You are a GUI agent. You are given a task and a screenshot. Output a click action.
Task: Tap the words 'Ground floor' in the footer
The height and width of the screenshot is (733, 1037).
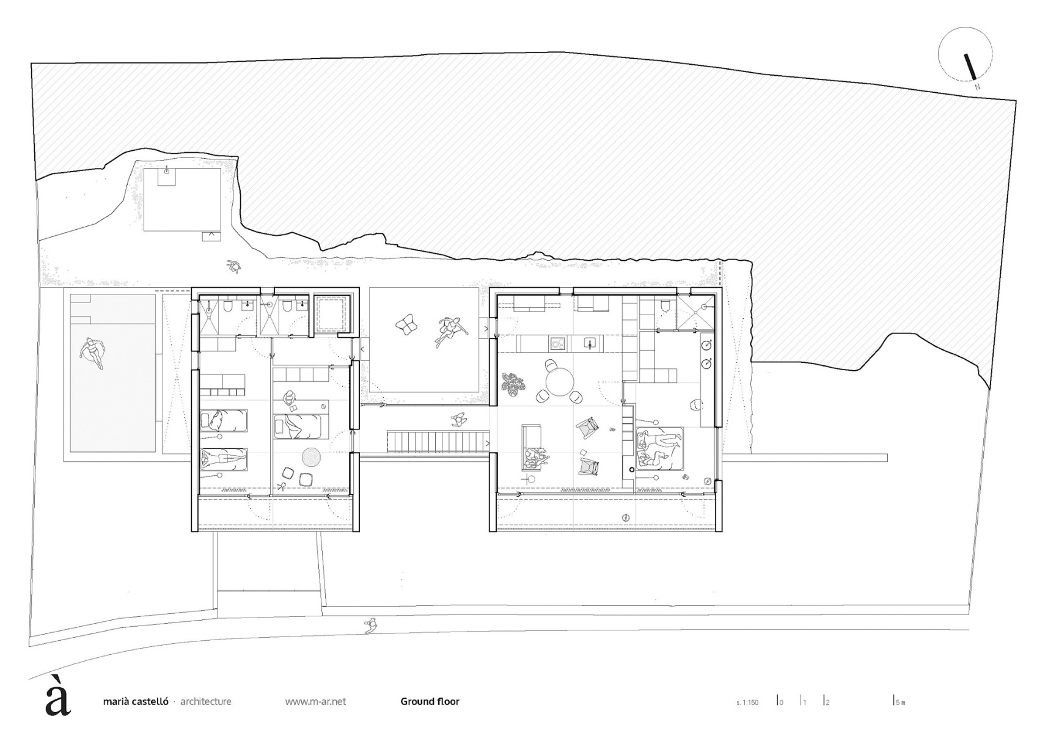(x=430, y=701)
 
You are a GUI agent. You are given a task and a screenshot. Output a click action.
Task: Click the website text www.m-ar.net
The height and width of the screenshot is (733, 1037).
(x=315, y=701)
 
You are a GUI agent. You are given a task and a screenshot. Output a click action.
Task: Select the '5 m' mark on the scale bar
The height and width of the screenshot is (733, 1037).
(x=899, y=702)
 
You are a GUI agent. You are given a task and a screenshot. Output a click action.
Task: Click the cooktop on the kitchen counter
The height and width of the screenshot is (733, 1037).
(x=557, y=344)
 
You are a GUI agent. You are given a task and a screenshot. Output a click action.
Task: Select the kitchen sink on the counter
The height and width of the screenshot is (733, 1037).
(x=590, y=343)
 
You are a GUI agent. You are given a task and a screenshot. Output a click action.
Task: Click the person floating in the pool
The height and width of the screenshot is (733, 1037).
(x=92, y=354)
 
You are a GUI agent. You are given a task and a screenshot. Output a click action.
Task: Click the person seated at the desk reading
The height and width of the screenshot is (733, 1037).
(x=290, y=400)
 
